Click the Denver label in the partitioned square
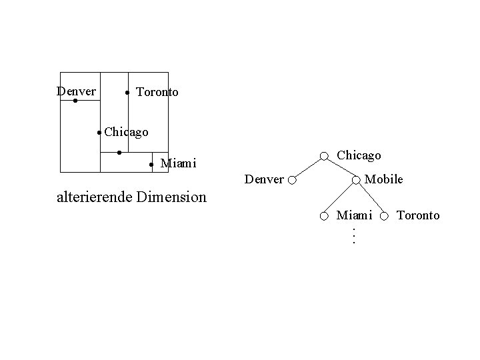[x=76, y=91]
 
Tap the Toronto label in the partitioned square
[x=157, y=92]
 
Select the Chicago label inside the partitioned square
[x=126, y=132]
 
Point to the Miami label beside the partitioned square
[x=179, y=163]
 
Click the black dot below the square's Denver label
[x=75, y=101]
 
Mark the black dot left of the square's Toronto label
[x=127, y=92]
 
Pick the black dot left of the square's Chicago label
[x=99, y=133]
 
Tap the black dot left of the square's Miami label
[x=151, y=163]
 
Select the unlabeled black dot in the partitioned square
[x=119, y=153]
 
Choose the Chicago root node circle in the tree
[x=323, y=157]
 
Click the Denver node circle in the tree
[x=293, y=180]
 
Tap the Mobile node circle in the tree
[x=357, y=179]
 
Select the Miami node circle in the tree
[x=323, y=216]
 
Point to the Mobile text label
[x=384, y=179]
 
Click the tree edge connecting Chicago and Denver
[x=308, y=168]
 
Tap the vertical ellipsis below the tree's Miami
[x=354, y=235]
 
